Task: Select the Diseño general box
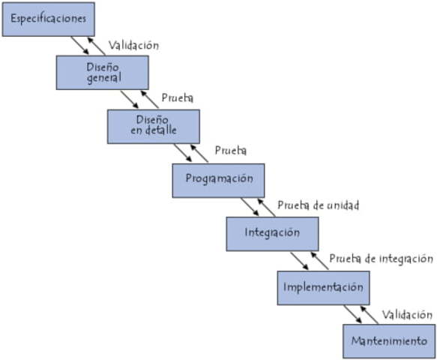[103, 73]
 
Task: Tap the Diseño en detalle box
[154, 127]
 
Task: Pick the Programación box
[219, 180]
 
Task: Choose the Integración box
[272, 233]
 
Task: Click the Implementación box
[324, 286]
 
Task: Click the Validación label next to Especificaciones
[133, 45]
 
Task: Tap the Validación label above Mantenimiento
[407, 315]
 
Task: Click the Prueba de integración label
[381, 259]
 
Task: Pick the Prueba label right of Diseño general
[178, 98]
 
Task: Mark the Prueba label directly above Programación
[231, 151]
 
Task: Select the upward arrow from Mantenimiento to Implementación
[367, 314]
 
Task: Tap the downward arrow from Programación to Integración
[249, 207]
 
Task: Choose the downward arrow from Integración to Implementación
[300, 260]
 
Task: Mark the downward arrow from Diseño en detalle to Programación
[182, 153]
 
